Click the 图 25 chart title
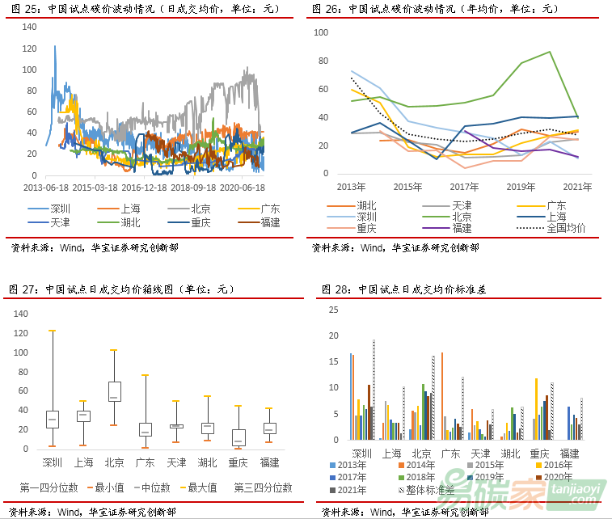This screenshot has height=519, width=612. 146,9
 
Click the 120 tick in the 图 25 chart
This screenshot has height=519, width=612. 30,49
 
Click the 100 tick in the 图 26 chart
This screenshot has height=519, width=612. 320,32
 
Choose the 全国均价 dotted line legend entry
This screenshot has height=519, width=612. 549,228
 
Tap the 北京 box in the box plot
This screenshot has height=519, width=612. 115,391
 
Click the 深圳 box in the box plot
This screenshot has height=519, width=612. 53,419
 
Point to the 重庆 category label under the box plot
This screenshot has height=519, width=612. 238,462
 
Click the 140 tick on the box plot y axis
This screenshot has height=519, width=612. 22,314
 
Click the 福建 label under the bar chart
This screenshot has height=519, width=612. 569,454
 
